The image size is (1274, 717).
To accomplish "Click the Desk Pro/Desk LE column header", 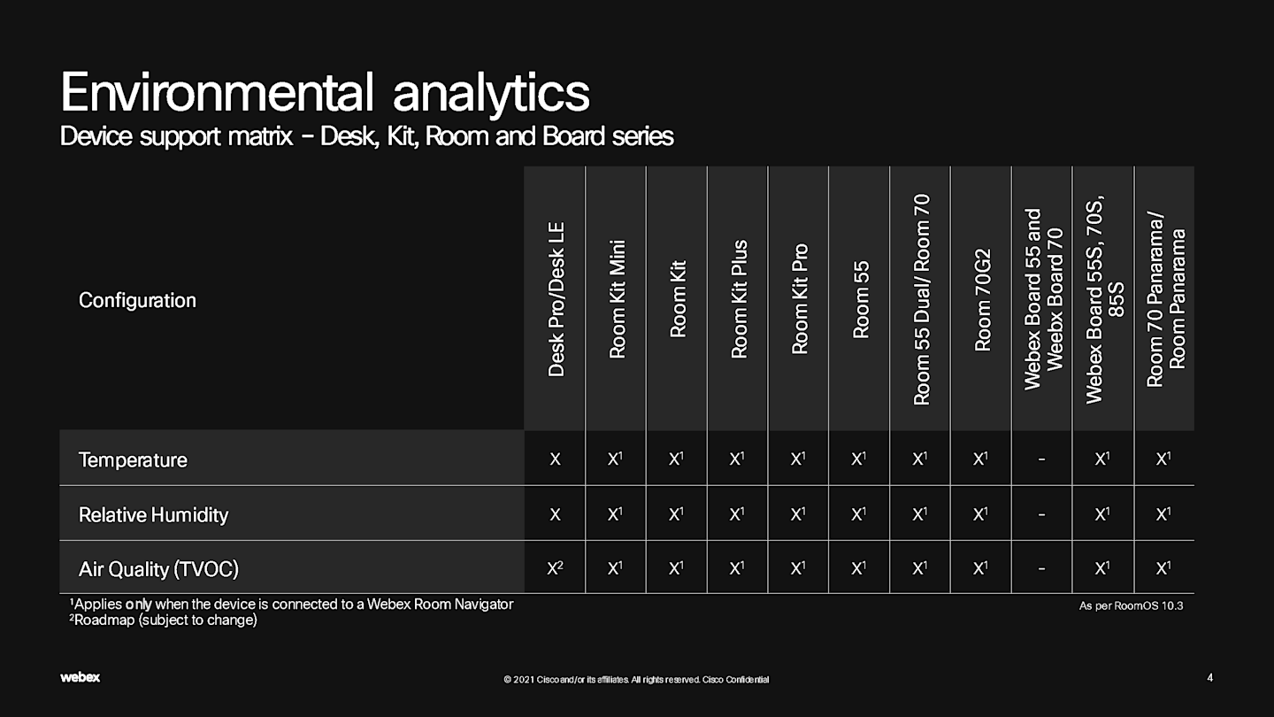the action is [x=556, y=299].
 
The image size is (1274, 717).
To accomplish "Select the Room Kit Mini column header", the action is [x=618, y=299].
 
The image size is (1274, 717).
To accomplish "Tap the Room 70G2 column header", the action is [x=983, y=299].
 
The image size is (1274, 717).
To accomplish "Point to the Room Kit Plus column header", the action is [x=739, y=299].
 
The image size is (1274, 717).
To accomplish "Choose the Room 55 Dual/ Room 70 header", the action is [x=921, y=299].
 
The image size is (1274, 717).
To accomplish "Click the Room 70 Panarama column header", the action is [x=1165, y=299].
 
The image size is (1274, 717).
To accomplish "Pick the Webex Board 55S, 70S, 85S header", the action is [x=1104, y=299].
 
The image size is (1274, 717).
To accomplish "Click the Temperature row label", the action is [x=133, y=459].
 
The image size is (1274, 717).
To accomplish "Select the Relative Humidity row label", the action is [x=154, y=515].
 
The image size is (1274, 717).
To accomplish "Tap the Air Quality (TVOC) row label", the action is [x=158, y=569].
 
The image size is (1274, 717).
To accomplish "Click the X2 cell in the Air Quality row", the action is [x=555, y=568].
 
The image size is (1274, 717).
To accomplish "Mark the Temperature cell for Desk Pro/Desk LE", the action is [x=555, y=459].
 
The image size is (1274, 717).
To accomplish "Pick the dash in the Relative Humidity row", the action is [x=1041, y=514].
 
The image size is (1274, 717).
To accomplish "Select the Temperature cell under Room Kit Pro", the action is [x=798, y=459].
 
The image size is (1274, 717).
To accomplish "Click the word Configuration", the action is [x=137, y=300].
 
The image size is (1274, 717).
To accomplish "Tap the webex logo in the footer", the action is [x=81, y=677].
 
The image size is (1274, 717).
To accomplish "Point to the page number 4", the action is [x=1209, y=677].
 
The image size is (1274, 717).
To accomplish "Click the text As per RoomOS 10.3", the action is [x=1132, y=605].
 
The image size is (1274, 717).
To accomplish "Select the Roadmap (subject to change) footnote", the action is [x=163, y=620].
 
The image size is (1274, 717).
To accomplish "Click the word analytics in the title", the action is [x=491, y=93].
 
